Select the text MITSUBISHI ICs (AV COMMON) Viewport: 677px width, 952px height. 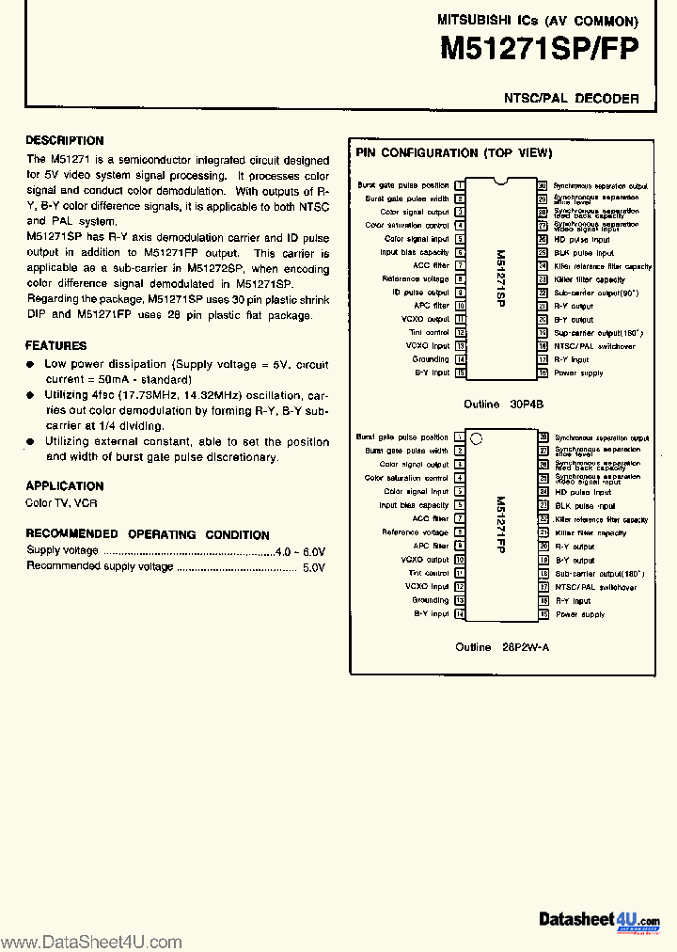pyautogui.click(x=537, y=19)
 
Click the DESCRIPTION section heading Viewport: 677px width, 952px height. pyautogui.click(x=65, y=140)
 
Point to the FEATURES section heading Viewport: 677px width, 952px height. pyautogui.click(x=55, y=345)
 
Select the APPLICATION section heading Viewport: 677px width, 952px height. pyautogui.click(x=64, y=485)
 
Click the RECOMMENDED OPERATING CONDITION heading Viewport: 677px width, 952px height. pyautogui.click(x=148, y=534)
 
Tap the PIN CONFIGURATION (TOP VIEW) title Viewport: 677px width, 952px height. pyautogui.click(x=453, y=152)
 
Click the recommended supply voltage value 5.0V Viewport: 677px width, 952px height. pyautogui.click(x=313, y=567)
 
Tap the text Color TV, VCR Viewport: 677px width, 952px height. pyautogui.click(x=61, y=503)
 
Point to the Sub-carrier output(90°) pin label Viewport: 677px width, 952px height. pyautogui.click(x=595, y=293)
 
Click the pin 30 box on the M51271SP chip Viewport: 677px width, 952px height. pyautogui.click(x=543, y=186)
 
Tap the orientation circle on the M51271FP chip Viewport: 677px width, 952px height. pyautogui.click(x=476, y=438)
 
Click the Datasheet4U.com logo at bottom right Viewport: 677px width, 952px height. pyautogui.click(x=600, y=920)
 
